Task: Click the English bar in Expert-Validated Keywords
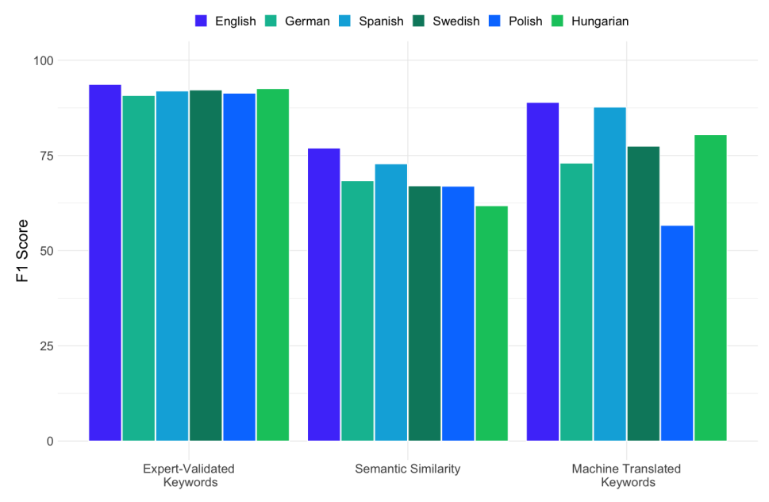coord(105,263)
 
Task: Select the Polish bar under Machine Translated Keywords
coord(677,334)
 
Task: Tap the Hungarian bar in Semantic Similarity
coord(491,323)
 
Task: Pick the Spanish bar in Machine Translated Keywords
coord(609,274)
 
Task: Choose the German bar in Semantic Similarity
coord(357,311)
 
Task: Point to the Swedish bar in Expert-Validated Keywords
coord(206,265)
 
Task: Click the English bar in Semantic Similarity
coord(324,295)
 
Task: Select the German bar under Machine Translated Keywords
coord(576,302)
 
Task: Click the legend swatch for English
coord(202,21)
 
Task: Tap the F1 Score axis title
coord(22,250)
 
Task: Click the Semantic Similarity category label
coord(408,469)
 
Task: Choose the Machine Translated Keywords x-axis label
coord(627,475)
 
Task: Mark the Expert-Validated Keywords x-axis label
coord(189,475)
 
